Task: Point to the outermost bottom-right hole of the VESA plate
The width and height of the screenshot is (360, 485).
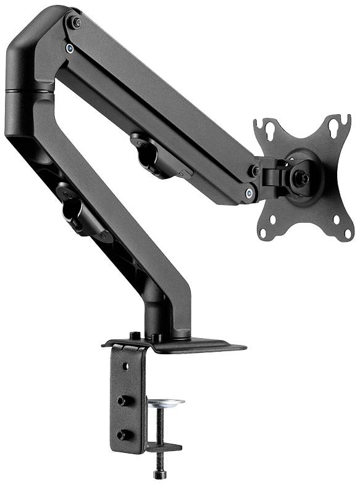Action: [348, 233]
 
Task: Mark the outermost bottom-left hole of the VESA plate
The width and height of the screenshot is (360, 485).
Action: [263, 233]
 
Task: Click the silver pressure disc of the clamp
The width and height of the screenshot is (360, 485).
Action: [165, 404]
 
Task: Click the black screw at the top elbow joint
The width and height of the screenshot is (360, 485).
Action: [76, 23]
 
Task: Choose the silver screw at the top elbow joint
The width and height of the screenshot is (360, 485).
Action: [70, 48]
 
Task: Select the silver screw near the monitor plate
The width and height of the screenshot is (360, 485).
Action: [249, 193]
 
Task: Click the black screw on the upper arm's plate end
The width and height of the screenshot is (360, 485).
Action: [254, 170]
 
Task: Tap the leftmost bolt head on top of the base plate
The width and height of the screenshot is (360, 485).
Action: [134, 336]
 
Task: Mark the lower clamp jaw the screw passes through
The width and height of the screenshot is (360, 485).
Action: [164, 447]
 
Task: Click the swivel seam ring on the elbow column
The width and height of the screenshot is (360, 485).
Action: [28, 91]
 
